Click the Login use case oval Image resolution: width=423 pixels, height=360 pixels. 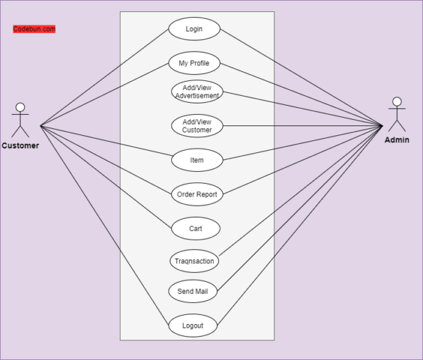click(194, 29)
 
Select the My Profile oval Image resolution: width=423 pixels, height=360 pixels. click(194, 63)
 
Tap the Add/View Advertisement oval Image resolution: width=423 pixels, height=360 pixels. click(197, 92)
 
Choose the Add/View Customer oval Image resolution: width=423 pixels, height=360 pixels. click(197, 126)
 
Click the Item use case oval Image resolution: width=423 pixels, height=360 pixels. click(197, 160)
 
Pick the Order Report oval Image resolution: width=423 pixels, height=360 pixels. click(197, 194)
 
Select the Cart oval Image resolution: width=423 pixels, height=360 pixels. click(195, 228)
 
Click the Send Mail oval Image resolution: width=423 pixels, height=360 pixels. click(192, 291)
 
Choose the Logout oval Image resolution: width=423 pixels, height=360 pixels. click(192, 325)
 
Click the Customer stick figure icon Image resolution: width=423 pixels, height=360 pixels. click(20, 120)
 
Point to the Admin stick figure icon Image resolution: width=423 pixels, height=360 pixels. click(398, 115)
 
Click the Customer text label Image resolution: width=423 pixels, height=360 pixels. click(20, 146)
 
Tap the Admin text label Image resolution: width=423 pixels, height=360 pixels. click(397, 140)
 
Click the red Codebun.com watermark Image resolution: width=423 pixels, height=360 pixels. click(34, 29)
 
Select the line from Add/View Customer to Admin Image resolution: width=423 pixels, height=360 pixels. click(303, 126)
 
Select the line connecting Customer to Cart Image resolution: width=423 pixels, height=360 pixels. click(106, 177)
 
